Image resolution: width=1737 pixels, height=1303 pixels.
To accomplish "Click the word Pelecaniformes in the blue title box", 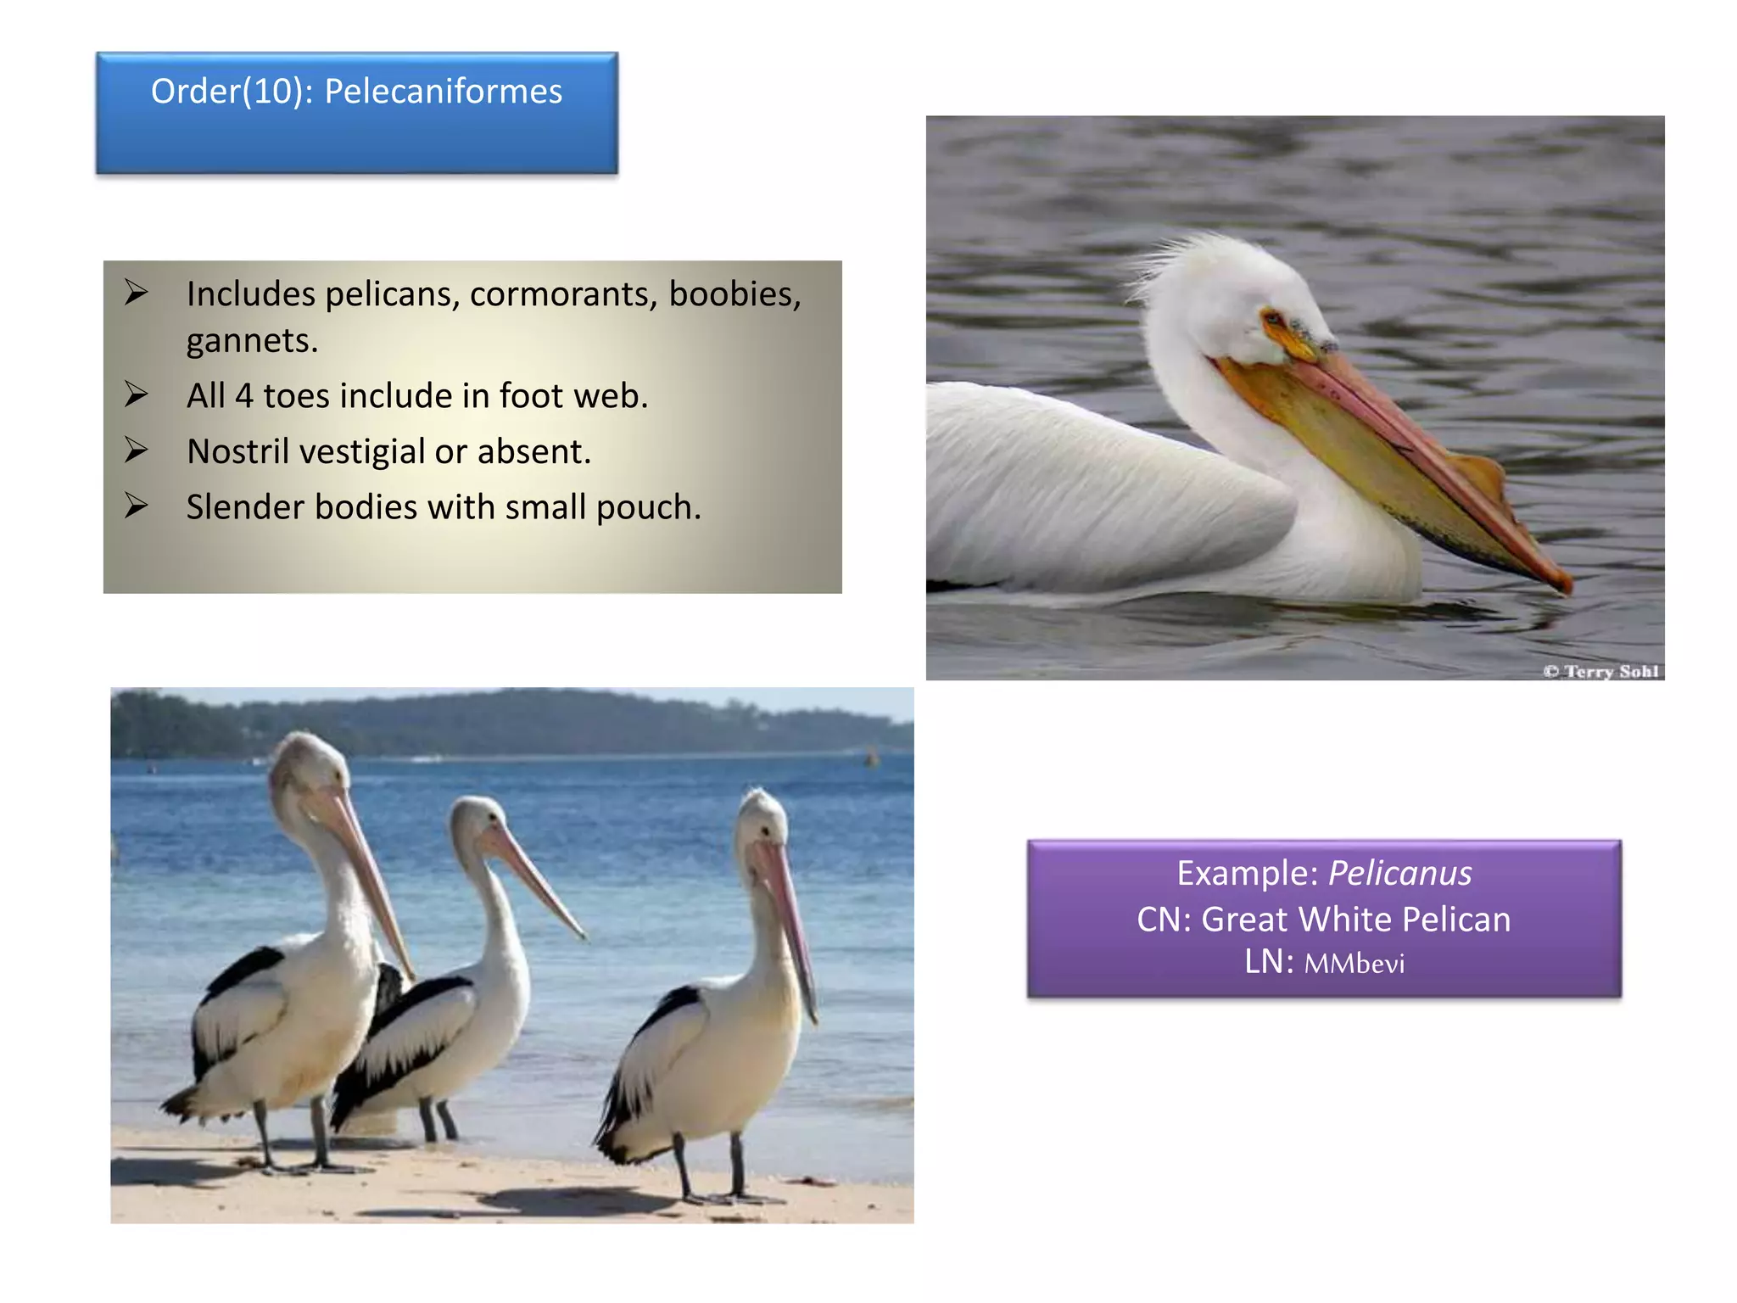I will pyautogui.click(x=443, y=92).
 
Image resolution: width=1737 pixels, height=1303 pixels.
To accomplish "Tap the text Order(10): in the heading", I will pyautogui.click(x=232, y=92).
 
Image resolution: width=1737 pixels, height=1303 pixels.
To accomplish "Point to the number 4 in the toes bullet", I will pyautogui.click(x=243, y=396).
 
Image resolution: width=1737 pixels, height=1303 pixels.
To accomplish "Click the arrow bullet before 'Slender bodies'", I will pyautogui.click(x=137, y=506).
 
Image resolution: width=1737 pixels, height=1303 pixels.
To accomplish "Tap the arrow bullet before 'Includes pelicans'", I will pyautogui.click(x=137, y=293).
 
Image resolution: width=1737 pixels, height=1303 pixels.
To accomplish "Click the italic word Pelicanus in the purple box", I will pyautogui.click(x=1399, y=874).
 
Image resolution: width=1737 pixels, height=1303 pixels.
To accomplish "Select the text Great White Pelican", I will pyautogui.click(x=1356, y=920).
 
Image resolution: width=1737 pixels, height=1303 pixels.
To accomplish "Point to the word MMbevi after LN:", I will pyautogui.click(x=1354, y=964).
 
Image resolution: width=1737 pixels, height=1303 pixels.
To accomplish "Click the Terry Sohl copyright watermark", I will pyautogui.click(x=1600, y=671).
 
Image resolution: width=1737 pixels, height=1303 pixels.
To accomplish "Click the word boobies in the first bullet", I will pyautogui.click(x=734, y=294).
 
